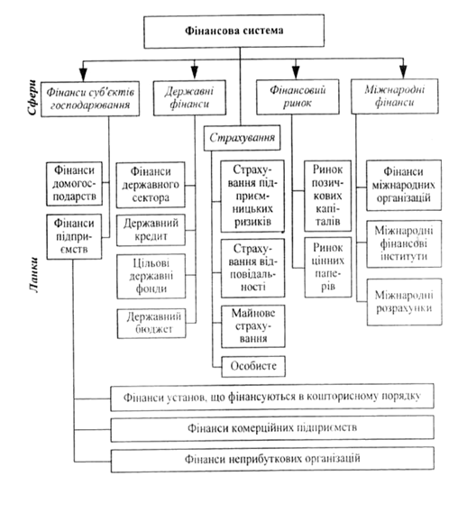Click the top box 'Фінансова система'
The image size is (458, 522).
click(x=234, y=31)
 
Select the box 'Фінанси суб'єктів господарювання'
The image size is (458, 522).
click(x=90, y=99)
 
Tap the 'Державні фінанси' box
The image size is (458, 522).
click(x=189, y=98)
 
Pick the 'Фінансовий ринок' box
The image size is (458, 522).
click(x=298, y=96)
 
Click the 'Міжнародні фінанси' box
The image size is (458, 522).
click(x=395, y=96)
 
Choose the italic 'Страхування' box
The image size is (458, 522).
click(x=242, y=138)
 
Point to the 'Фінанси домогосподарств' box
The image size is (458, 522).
click(x=74, y=184)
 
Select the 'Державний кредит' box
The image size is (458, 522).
click(x=151, y=230)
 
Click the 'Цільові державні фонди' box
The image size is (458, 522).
click(x=151, y=276)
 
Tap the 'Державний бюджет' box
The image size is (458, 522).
click(x=151, y=324)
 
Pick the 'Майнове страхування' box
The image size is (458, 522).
click(x=253, y=326)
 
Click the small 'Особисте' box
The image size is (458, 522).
click(x=253, y=366)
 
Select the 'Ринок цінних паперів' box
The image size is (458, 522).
click(x=328, y=267)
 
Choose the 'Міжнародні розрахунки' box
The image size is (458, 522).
click(x=405, y=302)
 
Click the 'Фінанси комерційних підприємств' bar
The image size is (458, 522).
click(x=272, y=428)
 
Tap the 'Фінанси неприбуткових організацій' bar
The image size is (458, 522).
click(x=272, y=460)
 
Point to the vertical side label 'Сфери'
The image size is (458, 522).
click(x=32, y=97)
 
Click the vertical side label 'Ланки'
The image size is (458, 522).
click(x=33, y=275)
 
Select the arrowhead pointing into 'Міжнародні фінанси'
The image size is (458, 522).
click(x=403, y=72)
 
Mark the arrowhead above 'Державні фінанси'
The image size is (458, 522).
click(x=195, y=72)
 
